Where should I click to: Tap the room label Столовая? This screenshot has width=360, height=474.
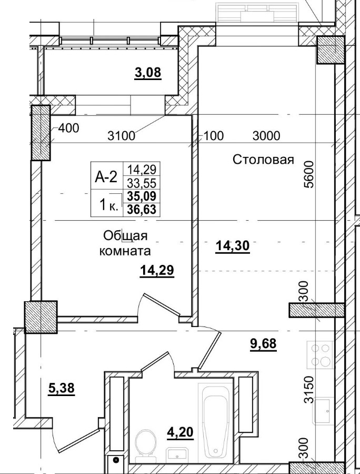click(263, 160)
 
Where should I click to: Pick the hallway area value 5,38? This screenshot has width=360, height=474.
click(61, 389)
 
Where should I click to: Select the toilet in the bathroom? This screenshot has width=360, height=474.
click(144, 441)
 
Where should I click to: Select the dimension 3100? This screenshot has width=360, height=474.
click(122, 136)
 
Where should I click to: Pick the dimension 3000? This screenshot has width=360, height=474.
click(266, 136)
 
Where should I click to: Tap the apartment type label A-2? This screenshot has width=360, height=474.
click(106, 177)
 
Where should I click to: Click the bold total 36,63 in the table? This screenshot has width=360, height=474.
click(142, 209)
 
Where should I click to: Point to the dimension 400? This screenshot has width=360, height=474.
click(68, 128)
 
